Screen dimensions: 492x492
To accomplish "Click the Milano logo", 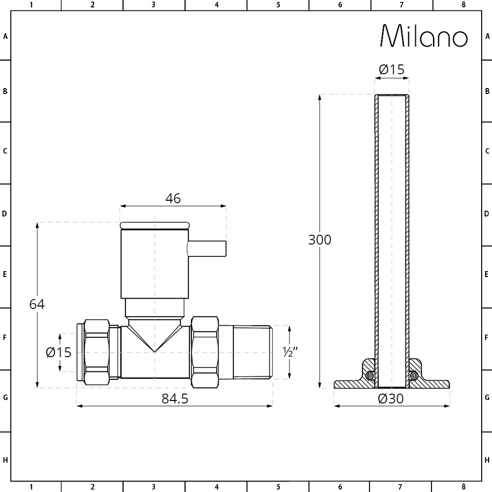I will click(424, 36).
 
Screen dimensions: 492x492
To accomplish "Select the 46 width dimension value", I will click(173, 198).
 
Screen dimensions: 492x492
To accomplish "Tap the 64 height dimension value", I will click(37, 304).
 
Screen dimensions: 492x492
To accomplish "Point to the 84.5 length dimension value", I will click(175, 399).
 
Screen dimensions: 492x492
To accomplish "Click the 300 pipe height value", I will click(320, 240).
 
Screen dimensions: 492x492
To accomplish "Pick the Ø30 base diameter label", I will click(391, 399).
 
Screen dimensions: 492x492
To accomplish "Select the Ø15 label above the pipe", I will click(392, 70).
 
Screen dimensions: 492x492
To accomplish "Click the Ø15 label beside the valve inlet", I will click(59, 352).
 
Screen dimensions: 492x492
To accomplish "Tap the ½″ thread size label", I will click(290, 352).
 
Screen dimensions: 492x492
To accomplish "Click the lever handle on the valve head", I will click(207, 249).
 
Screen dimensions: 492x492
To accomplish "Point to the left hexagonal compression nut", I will click(96, 352).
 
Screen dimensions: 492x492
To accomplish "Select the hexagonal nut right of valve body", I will click(205, 352).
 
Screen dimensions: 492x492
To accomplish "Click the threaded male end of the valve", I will click(251, 352).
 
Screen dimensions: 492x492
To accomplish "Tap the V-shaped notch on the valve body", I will click(154, 339).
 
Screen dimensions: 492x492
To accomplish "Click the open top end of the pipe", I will click(392, 95).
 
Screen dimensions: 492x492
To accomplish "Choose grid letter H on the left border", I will click(5, 461).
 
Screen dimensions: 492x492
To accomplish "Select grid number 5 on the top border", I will click(278, 5).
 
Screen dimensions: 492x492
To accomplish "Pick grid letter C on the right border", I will click(487, 151).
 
